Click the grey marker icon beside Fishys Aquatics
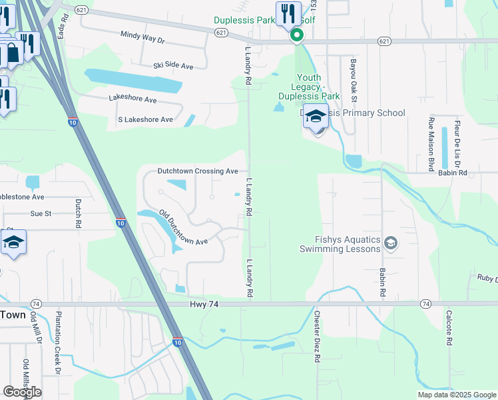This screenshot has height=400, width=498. click(x=391, y=244)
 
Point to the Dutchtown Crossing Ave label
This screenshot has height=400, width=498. click(x=197, y=171)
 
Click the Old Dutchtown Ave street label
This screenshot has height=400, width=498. click(x=183, y=228)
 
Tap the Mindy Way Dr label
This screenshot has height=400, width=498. click(x=142, y=37)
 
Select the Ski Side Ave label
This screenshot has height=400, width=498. click(x=173, y=66)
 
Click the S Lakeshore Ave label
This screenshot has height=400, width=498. click(x=145, y=119)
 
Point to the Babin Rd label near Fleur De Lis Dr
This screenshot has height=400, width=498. click(x=472, y=172)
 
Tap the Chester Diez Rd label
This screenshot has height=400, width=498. click(x=318, y=337)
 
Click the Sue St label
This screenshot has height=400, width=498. click(x=41, y=213)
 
